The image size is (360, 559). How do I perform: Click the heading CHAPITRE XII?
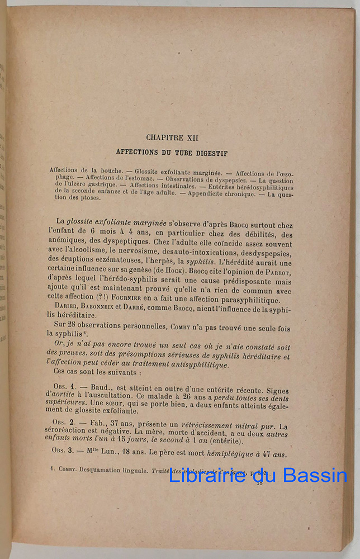(172, 137)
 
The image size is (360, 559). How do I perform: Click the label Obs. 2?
(64, 422)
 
